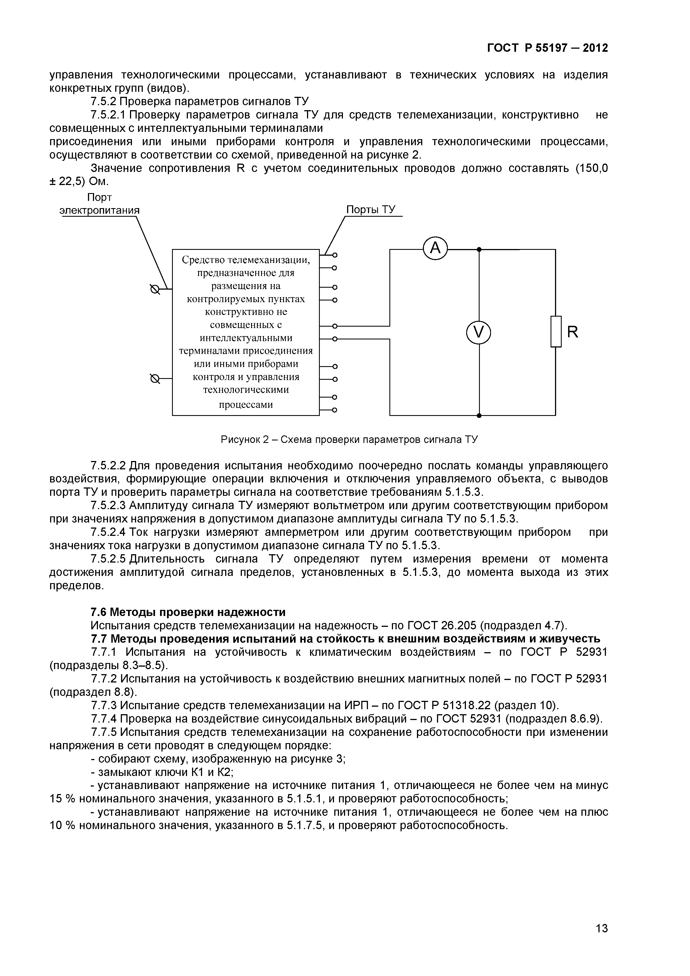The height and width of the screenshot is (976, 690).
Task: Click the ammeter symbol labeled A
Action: point(435,249)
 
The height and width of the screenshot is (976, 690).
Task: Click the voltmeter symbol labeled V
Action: point(479,332)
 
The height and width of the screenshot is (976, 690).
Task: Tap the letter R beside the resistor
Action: point(573,332)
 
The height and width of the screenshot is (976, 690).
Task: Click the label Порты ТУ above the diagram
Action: point(370,210)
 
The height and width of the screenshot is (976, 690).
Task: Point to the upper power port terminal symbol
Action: point(155,289)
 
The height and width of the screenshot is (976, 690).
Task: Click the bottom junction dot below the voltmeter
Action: point(479,415)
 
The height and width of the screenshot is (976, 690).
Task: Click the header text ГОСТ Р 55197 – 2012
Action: point(547,48)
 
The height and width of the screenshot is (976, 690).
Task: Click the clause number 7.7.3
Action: point(104,706)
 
